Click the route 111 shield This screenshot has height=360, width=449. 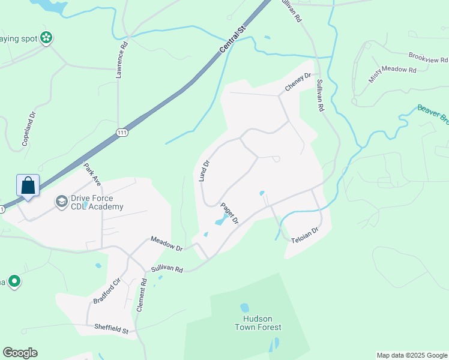pos(122,133)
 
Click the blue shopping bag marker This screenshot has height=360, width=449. pos(28,185)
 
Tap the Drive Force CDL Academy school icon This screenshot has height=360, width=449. pos(61,202)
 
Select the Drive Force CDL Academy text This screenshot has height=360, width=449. pos(97,202)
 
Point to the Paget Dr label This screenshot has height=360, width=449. pos(230,213)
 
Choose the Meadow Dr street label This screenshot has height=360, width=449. pos(166,244)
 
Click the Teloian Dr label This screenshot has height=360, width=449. pos(304,234)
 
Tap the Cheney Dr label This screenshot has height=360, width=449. pos(298,82)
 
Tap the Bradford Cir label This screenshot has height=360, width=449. pos(107,290)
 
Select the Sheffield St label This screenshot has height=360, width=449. pos(112,329)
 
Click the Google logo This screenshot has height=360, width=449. pos(20,353)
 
